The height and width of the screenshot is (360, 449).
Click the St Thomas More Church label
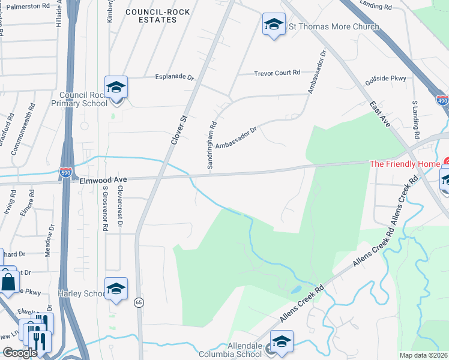coord(334,26)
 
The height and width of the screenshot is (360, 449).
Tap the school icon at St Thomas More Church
coord(274,25)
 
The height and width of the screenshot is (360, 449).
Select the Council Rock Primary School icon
coord(116,88)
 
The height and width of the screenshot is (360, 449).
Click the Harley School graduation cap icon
coord(116,289)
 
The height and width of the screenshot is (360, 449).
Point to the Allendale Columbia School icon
coord(282,341)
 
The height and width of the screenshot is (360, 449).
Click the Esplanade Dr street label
coord(175,77)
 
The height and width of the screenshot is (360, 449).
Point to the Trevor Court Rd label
coord(277,73)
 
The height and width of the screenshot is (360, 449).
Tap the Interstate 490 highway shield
coord(442,101)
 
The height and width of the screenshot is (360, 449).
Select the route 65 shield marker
coord(139,302)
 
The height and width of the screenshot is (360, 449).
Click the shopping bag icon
coord(9,281)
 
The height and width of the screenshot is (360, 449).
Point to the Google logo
coord(20,353)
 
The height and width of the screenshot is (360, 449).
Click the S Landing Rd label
coord(415,116)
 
